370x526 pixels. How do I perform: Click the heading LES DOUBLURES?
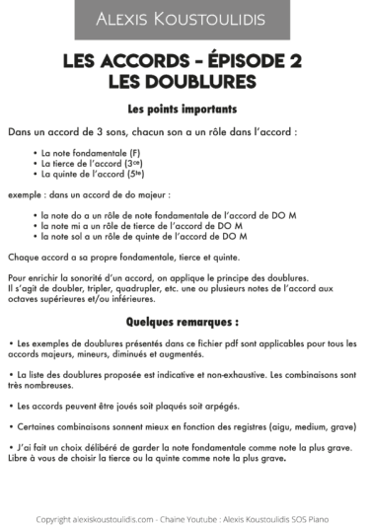coord(185,79)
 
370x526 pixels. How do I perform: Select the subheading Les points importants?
coord(185,108)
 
